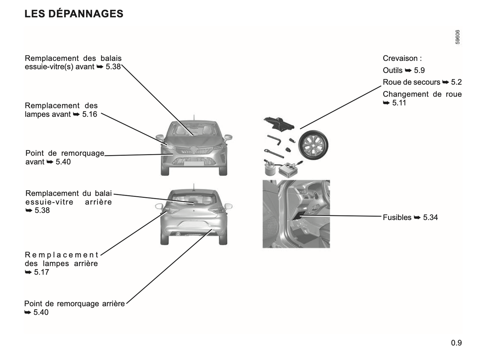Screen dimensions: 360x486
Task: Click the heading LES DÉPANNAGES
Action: click(x=74, y=14)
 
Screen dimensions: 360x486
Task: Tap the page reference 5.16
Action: click(x=89, y=114)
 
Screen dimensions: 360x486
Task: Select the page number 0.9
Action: click(x=456, y=343)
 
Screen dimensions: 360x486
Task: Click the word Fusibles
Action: click(x=397, y=218)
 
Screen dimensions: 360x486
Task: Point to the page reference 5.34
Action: click(x=431, y=218)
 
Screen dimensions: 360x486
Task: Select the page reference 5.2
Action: click(x=456, y=82)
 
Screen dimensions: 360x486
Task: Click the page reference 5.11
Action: click(x=399, y=103)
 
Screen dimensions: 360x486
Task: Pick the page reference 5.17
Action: click(x=41, y=272)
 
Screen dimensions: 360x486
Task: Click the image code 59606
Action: click(x=457, y=37)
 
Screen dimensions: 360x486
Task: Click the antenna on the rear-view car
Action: click(x=193, y=187)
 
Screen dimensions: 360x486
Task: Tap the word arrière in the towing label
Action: click(x=113, y=304)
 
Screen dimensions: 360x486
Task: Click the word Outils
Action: click(x=392, y=71)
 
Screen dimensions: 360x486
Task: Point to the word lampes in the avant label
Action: click(x=35, y=114)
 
